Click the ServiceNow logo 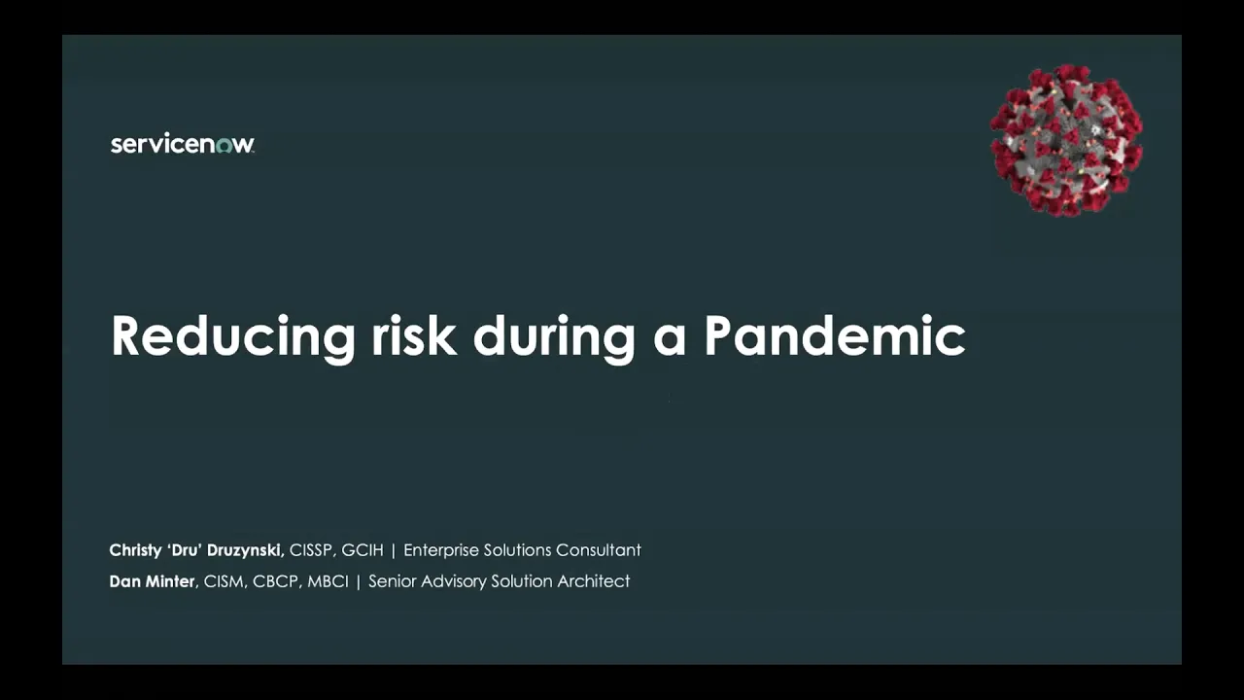pyautogui.click(x=182, y=145)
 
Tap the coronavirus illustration pyautogui.click(x=1066, y=140)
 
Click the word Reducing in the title pyautogui.click(x=233, y=336)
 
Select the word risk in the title pyautogui.click(x=414, y=335)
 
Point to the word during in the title pyautogui.click(x=554, y=335)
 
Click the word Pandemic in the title pyautogui.click(x=834, y=335)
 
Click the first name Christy pyautogui.click(x=135, y=550)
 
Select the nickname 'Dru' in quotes pyautogui.click(x=182, y=550)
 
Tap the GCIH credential pyautogui.click(x=363, y=550)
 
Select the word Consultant pyautogui.click(x=598, y=550)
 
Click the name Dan pyautogui.click(x=124, y=581)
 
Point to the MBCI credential pyautogui.click(x=327, y=581)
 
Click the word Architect pyautogui.click(x=594, y=581)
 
